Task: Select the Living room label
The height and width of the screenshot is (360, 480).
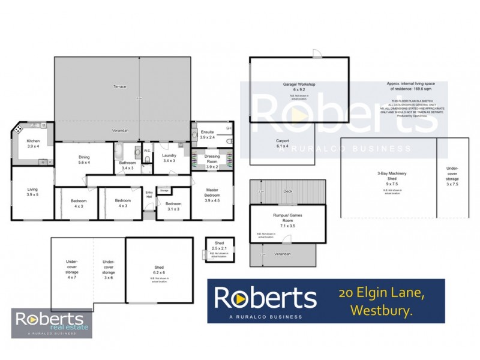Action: click(x=32, y=191)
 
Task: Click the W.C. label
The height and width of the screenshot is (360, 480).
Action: click(x=147, y=150)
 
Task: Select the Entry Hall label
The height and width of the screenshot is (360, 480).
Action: click(x=149, y=194)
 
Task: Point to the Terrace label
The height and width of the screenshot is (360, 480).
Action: click(x=120, y=87)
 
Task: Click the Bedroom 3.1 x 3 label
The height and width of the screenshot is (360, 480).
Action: click(x=173, y=206)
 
